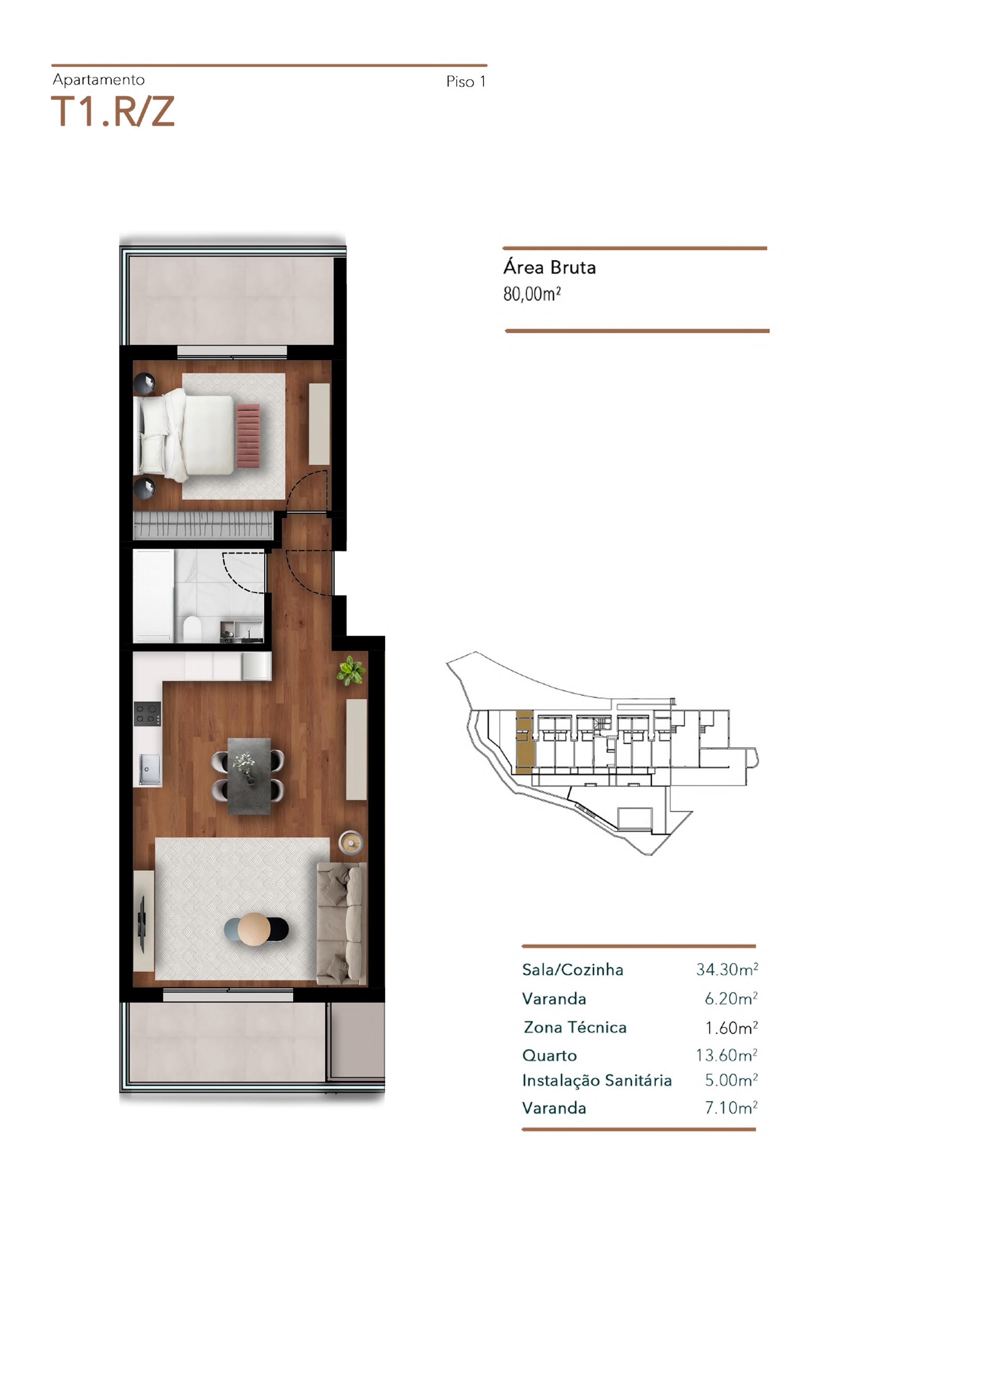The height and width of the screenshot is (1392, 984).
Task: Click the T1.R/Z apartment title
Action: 113,112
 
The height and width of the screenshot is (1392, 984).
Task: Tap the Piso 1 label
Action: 466,82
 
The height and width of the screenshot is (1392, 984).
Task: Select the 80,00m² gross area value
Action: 532,294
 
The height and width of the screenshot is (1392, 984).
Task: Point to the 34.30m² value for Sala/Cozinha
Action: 727,969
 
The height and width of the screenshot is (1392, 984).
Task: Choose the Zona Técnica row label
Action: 575,1027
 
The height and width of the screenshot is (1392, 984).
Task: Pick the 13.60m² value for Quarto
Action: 726,1056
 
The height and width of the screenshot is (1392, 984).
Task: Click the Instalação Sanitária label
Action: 597,1081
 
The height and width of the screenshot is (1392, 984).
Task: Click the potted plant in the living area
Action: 351,671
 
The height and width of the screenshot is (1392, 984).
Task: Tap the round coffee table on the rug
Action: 254,929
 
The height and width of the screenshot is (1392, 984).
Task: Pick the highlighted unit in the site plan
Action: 525,742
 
